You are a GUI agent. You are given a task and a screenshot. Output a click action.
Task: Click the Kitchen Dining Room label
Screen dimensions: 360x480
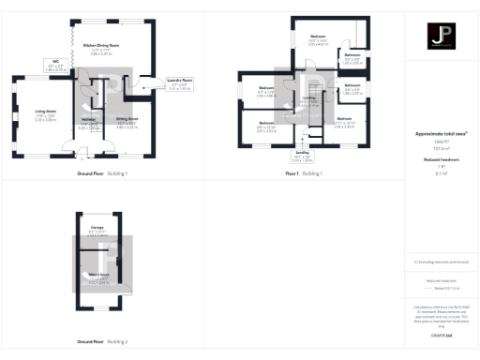[x=99, y=44]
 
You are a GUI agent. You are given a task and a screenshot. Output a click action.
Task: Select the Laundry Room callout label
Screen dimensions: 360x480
[x=180, y=82]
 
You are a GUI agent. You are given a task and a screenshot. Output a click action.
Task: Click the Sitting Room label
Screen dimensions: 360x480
[x=127, y=119]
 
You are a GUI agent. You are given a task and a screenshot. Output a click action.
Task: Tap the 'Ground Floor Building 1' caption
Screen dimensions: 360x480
[x=102, y=174]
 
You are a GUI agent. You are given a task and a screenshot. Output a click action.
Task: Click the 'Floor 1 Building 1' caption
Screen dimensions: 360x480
[x=304, y=174]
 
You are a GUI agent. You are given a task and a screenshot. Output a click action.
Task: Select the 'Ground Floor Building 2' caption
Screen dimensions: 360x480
[x=102, y=341]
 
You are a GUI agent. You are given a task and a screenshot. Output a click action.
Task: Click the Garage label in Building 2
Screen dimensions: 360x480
[x=97, y=228]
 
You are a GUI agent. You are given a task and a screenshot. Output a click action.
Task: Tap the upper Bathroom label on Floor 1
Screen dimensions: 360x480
[x=352, y=56]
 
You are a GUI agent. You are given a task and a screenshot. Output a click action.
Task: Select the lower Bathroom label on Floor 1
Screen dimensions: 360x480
[x=352, y=86]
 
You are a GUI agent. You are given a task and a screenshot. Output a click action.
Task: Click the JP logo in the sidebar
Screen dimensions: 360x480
[x=441, y=38]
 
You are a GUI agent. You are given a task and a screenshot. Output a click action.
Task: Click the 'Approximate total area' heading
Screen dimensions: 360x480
[x=441, y=134]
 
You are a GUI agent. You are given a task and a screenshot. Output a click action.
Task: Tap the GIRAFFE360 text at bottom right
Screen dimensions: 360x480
[x=441, y=333]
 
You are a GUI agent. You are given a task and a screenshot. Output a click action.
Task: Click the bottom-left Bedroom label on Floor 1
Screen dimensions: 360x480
[x=267, y=123]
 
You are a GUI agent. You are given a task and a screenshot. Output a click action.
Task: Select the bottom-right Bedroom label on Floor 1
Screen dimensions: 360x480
[x=344, y=119]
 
